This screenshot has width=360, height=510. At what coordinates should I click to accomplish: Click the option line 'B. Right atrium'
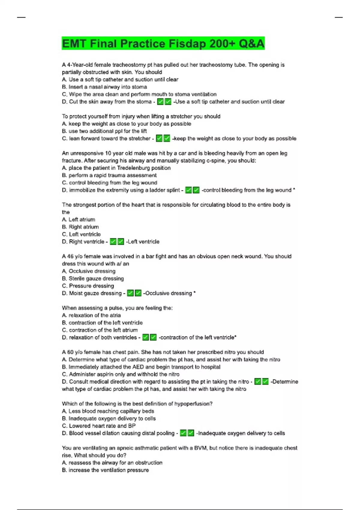(80, 227)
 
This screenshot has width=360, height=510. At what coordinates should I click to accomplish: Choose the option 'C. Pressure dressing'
(88, 286)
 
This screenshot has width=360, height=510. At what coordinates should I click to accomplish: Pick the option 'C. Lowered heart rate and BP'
(99, 426)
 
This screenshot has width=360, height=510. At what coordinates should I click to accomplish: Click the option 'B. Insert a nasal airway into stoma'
(104, 87)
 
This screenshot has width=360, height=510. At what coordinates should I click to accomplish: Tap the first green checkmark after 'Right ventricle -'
(113, 242)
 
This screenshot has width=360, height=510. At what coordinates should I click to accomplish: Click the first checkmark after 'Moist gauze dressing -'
(130, 293)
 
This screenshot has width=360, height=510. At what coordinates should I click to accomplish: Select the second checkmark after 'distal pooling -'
(191, 433)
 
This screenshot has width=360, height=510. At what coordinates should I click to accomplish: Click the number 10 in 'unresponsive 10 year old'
(108, 153)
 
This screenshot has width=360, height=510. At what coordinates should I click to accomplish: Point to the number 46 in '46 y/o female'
(70, 256)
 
